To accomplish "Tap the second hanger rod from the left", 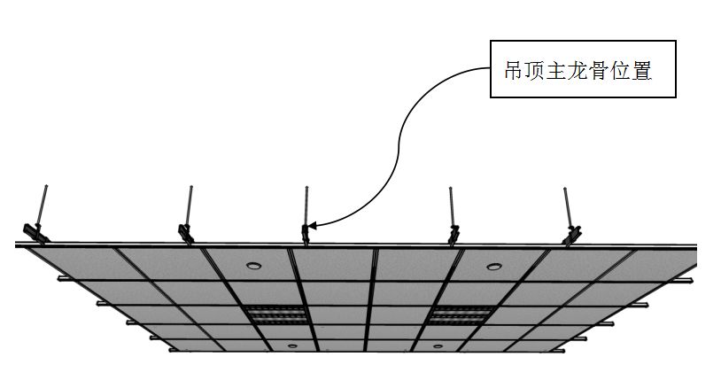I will point(190,206).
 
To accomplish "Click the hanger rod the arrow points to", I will point(306,206).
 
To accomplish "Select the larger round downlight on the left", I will point(254,265).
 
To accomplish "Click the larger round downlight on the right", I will point(490,265).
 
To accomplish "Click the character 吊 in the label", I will point(514,71).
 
